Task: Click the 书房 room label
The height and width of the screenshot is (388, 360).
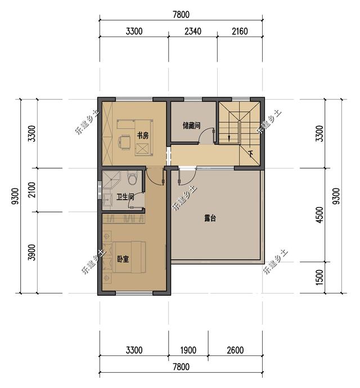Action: (x=143, y=136)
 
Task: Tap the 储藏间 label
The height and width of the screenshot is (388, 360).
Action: (x=191, y=126)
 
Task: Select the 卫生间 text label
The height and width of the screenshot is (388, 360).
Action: (x=125, y=197)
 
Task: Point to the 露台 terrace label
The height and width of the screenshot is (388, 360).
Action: (x=210, y=218)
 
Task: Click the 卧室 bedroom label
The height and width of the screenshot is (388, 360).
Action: (x=123, y=259)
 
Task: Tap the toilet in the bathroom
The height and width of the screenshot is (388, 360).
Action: (x=132, y=178)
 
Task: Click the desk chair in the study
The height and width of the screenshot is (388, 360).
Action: (x=124, y=142)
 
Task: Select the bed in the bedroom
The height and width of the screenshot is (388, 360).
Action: (x=129, y=258)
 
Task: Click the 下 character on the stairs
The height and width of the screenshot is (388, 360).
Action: (x=251, y=155)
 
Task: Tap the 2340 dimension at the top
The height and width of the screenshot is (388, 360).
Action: (x=193, y=31)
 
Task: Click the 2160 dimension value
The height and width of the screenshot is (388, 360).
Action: (x=240, y=31)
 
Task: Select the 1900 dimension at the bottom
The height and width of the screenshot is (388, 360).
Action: (x=188, y=350)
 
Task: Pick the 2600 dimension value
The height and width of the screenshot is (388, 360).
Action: (x=235, y=350)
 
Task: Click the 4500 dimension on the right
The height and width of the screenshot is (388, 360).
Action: (x=320, y=215)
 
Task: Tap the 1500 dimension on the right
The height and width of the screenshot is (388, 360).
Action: (x=320, y=277)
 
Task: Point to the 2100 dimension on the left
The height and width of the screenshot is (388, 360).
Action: (x=32, y=190)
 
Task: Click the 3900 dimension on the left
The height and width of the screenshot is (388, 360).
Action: (x=32, y=252)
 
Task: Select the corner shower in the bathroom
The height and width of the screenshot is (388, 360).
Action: (x=111, y=179)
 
